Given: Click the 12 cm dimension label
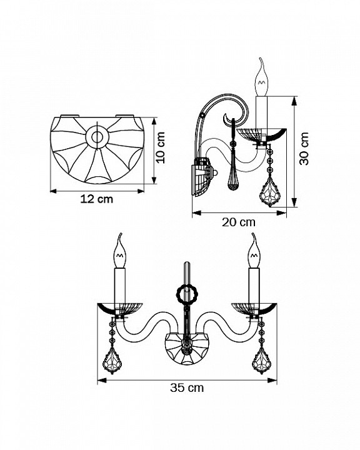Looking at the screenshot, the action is tap(96, 199).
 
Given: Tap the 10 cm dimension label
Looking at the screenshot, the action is tap(161, 147).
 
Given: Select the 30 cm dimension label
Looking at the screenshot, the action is tap(304, 148).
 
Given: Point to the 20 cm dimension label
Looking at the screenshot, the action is tap(239, 222).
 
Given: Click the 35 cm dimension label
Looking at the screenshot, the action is tap(187, 387).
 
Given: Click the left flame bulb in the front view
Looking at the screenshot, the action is tap(120, 251).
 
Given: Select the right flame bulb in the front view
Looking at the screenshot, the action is tap(254, 251).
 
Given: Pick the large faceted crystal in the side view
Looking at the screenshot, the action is tap(270, 192).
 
